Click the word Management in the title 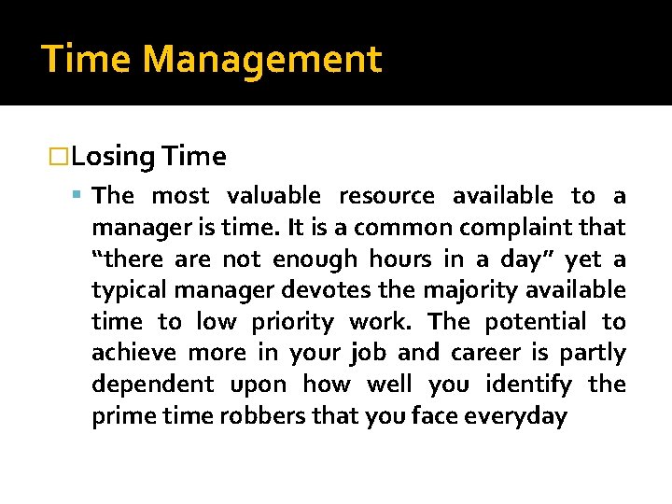click(x=262, y=60)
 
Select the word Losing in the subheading click(x=112, y=157)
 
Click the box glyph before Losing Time click(x=61, y=157)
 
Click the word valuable click(x=274, y=196)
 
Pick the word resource click(x=386, y=196)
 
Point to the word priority click(x=292, y=323)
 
